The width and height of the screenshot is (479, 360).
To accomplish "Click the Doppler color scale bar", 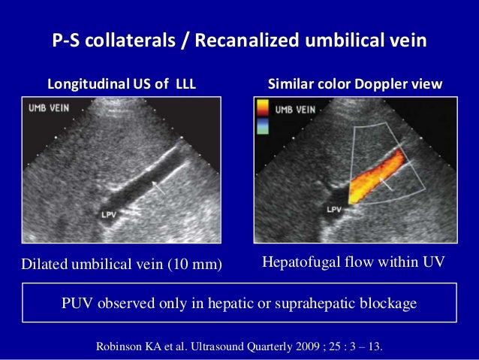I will coord(262,120).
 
